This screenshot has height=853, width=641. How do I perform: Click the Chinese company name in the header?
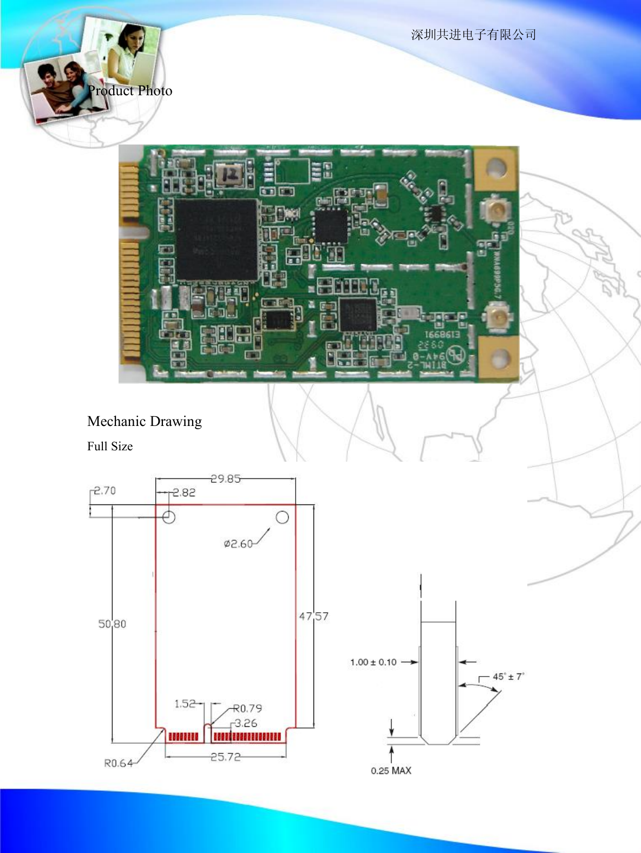[x=473, y=35]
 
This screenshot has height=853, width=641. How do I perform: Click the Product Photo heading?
[x=130, y=91]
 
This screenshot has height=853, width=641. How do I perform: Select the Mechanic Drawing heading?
[x=145, y=421]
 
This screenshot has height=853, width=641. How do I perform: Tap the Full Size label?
[x=110, y=447]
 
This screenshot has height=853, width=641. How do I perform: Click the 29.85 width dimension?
[x=226, y=479]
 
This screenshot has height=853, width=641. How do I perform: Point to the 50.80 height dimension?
[x=112, y=624]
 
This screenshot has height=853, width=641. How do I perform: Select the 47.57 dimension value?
[x=314, y=616]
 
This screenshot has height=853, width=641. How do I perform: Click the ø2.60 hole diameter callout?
[x=238, y=544]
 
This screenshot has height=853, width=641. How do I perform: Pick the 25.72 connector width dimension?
[x=226, y=757]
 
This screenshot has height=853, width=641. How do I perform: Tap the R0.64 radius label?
[x=118, y=763]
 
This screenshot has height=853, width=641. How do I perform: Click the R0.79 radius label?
[x=248, y=708]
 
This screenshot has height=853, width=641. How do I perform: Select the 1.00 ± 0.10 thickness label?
[x=373, y=662]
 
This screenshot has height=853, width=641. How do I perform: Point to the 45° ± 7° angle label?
[x=508, y=677]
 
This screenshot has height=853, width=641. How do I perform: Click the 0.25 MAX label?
[x=391, y=771]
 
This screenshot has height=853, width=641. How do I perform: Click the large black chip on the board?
[x=215, y=239]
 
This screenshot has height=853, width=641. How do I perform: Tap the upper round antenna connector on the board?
[x=495, y=209]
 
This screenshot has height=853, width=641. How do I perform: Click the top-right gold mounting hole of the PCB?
[x=495, y=168]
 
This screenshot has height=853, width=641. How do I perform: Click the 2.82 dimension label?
[x=184, y=493]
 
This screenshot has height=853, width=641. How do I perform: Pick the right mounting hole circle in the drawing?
[x=282, y=517]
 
